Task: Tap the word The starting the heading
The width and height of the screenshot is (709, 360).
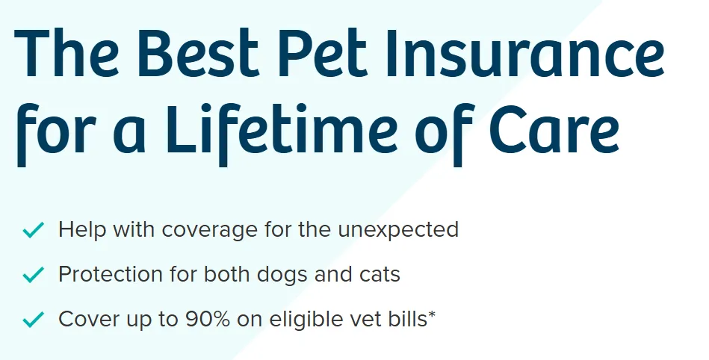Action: pyautogui.click(x=66, y=55)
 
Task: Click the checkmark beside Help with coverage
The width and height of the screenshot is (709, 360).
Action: pyautogui.click(x=34, y=230)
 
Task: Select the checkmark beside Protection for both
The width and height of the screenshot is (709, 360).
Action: pyautogui.click(x=34, y=275)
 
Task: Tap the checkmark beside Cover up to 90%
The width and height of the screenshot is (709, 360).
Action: pyautogui.click(x=34, y=320)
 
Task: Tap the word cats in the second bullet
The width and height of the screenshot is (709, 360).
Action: pyautogui.click(x=378, y=274)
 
